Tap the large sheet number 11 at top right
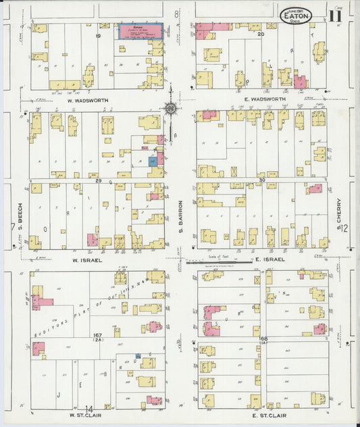(336, 13)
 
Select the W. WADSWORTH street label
(89, 99)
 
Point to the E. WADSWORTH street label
(262, 99)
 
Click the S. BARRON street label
(181, 216)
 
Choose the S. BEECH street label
(20, 217)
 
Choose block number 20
(260, 32)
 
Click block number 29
(99, 181)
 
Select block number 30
(262, 181)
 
